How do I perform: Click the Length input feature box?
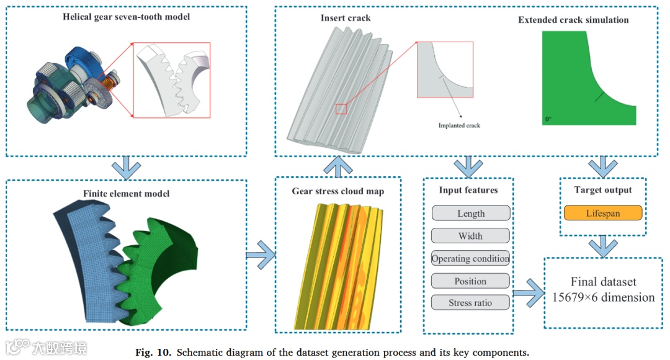[x=470, y=214]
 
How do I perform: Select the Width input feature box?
[x=470, y=236]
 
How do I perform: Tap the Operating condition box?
[x=470, y=258]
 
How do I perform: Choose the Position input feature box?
[x=470, y=281]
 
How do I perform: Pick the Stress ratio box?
[x=470, y=304]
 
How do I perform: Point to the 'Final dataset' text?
[x=602, y=281]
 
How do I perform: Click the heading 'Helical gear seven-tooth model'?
[x=126, y=17]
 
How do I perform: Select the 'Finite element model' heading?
[x=126, y=193]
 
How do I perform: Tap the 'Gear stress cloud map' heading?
[x=337, y=191]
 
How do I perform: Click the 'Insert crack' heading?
[x=346, y=18]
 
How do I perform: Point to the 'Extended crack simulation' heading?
[x=573, y=20]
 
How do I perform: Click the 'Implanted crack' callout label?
[x=459, y=125]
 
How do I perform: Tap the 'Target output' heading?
[x=602, y=190]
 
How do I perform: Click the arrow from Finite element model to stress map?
[x=260, y=254]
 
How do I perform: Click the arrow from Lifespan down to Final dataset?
[x=602, y=246]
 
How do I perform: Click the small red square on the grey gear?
[x=341, y=109]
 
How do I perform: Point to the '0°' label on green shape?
[x=548, y=118]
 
